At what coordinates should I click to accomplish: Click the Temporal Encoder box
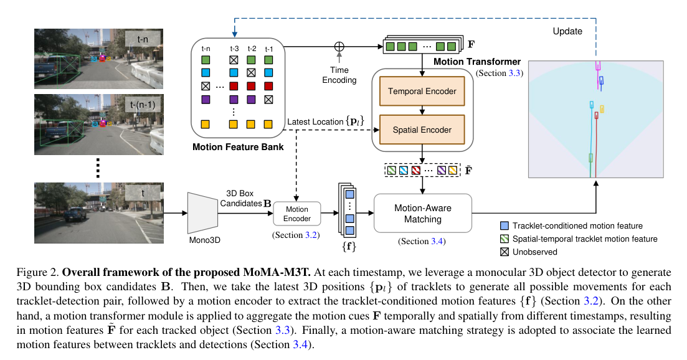(422, 92)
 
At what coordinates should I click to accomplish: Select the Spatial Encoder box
(422, 130)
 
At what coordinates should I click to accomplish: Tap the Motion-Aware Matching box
(423, 214)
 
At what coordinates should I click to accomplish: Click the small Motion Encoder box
(297, 214)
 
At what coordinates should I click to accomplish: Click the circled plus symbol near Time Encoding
(339, 46)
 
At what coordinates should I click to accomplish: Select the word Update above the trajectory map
(567, 31)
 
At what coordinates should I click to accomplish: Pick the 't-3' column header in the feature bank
(234, 48)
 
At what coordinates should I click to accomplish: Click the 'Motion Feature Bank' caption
(239, 148)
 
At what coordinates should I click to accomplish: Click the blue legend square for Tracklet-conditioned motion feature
(505, 225)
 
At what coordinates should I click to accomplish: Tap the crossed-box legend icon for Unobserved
(505, 252)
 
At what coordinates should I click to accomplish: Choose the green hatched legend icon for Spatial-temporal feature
(505, 239)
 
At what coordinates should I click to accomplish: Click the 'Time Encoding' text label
(339, 75)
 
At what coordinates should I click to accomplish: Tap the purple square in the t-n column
(206, 98)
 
